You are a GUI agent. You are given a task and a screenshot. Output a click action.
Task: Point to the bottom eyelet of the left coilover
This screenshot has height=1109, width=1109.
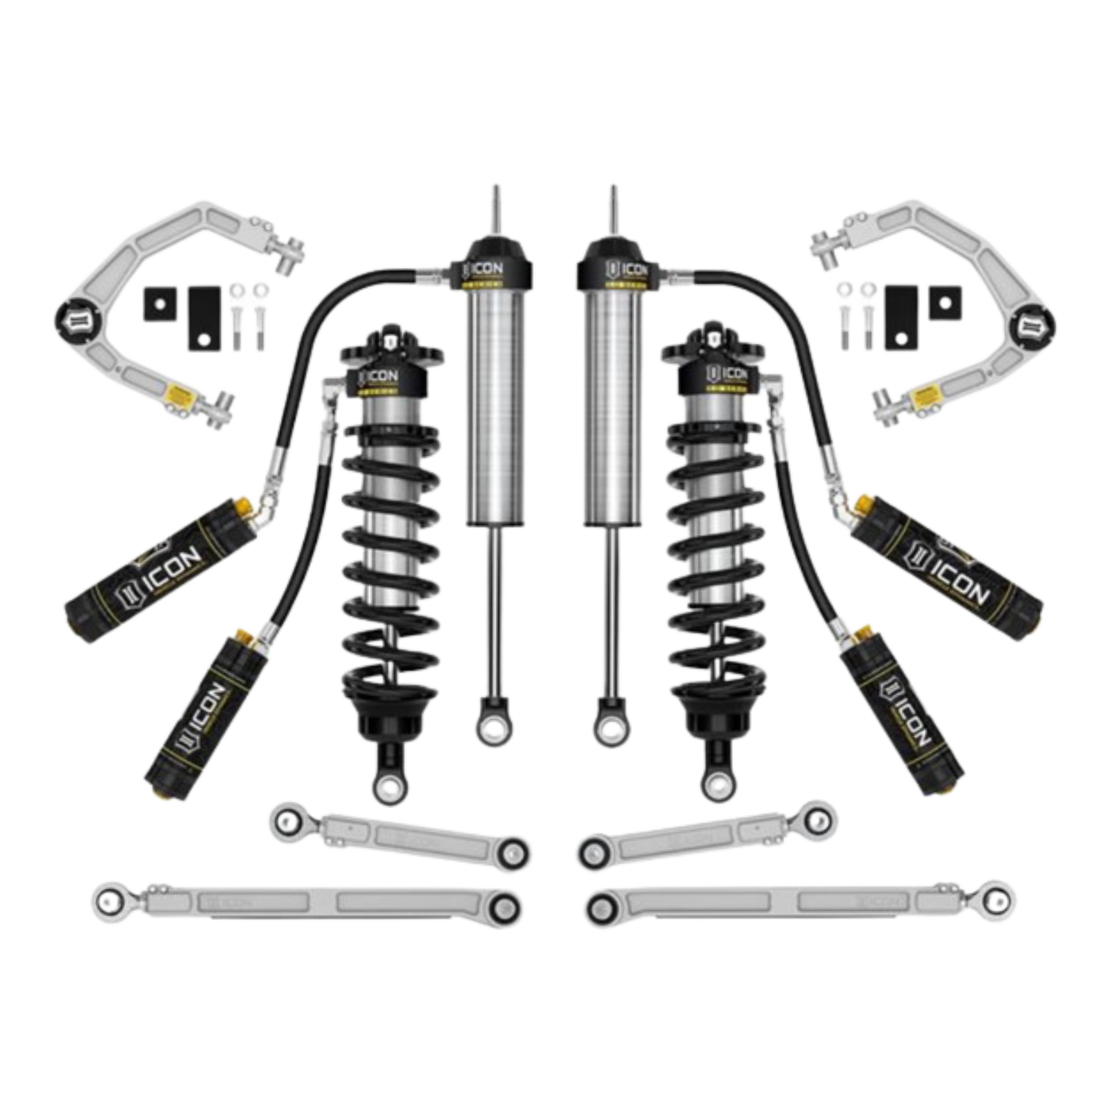(385, 784)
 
